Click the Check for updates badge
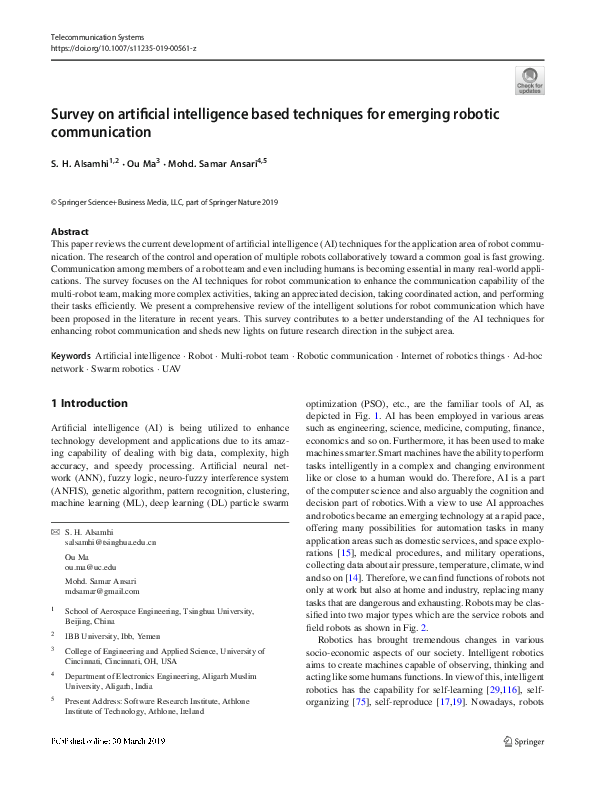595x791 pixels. (x=529, y=80)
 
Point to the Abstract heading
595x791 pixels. (x=69, y=232)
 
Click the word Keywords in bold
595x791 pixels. (x=70, y=355)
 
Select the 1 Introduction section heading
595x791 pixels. (x=89, y=403)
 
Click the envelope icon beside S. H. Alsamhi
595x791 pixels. (x=54, y=531)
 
